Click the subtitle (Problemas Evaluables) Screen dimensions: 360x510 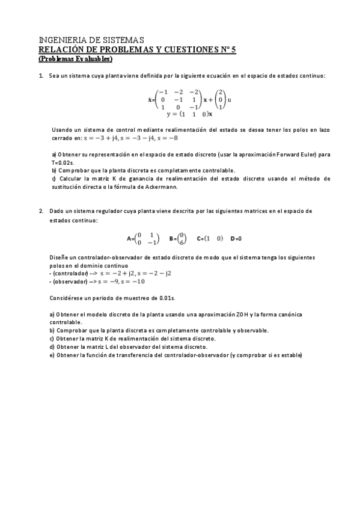75,59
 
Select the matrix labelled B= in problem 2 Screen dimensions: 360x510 178,238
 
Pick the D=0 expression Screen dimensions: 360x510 236,239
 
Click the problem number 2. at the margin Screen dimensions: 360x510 41,211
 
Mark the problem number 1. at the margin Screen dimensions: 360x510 41,76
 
